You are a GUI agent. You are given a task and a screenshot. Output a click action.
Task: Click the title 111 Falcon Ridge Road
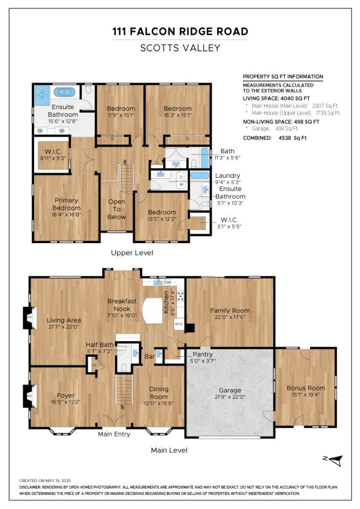[180, 32]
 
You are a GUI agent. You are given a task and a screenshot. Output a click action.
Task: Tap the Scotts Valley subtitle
[180, 48]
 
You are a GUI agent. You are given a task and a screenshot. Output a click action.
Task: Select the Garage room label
[229, 390]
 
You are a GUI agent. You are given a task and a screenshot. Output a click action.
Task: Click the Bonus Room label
[306, 388]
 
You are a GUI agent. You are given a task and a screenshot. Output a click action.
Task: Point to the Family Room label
[230, 311]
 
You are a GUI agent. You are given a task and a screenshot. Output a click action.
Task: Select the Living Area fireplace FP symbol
[27, 318]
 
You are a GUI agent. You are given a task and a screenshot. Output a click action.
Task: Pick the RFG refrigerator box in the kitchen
[179, 324]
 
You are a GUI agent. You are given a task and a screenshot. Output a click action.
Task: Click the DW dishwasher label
[167, 282]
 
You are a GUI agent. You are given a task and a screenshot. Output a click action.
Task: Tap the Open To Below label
[116, 209]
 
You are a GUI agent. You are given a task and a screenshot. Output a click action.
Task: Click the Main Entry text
[114, 434]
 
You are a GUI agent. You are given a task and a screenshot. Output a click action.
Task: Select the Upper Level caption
[132, 253]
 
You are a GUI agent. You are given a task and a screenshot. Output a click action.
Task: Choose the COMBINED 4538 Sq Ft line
[275, 138]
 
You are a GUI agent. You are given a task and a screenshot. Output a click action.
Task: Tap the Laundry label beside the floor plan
[228, 175]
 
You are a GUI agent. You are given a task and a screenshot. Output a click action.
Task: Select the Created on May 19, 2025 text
[45, 480]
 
